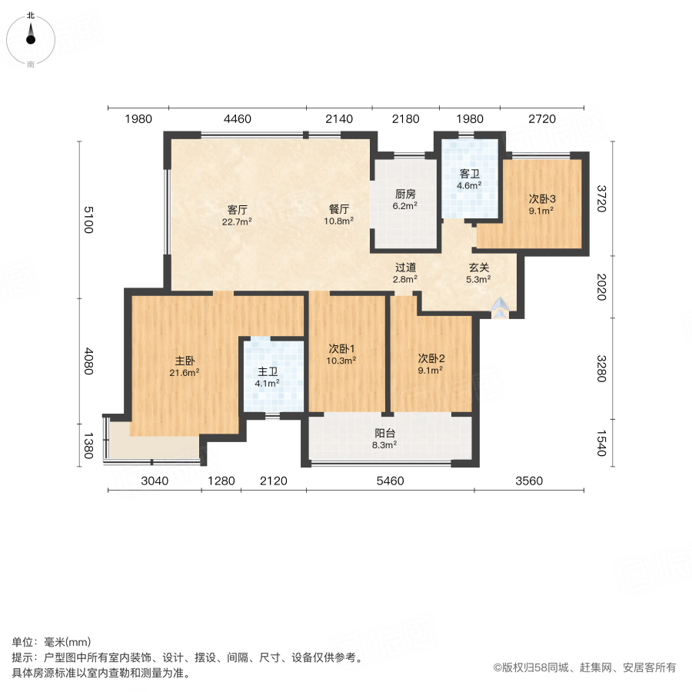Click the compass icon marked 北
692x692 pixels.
[x=31, y=35]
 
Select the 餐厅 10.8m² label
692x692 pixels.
[x=340, y=215]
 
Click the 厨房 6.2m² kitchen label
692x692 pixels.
[x=405, y=200]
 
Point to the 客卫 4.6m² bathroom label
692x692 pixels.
[x=470, y=179]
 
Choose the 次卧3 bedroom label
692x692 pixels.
[x=541, y=204]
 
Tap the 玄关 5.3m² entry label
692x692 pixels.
[x=480, y=274]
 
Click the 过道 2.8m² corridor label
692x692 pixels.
[x=405, y=274]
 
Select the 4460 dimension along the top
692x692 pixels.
[x=238, y=119]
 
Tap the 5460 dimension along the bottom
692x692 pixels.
[x=390, y=481]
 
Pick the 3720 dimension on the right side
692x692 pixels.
[x=602, y=198]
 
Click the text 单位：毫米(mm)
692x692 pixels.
[x=52, y=642]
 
